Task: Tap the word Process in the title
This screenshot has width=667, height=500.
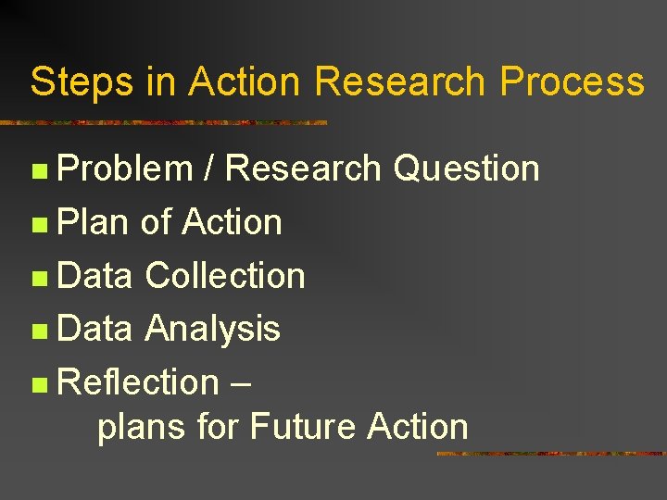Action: [x=572, y=81]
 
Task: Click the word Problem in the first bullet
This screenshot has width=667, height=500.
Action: [x=124, y=169]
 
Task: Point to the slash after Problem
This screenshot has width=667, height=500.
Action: [x=209, y=169]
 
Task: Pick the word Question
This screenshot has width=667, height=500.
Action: [x=466, y=169]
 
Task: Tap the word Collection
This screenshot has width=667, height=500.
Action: [x=225, y=276]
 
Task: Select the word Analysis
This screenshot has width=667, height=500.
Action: [x=212, y=329]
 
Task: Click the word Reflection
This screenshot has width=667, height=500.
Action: [x=137, y=381]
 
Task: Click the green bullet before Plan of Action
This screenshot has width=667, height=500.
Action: [x=37, y=224]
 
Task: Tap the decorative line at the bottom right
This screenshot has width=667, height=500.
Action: [x=550, y=454]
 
